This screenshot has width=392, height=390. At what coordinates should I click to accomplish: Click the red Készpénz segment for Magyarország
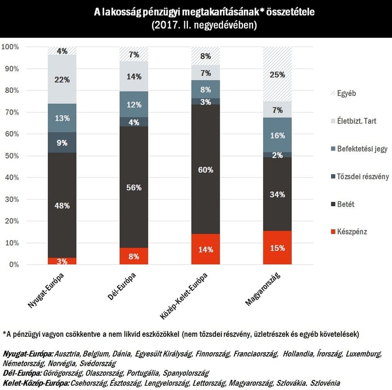pyautogui.click(x=277, y=248)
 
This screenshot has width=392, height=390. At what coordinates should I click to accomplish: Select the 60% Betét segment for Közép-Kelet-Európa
pyautogui.click(x=206, y=169)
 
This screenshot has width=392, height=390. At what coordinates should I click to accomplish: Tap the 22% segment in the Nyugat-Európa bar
pyautogui.click(x=62, y=79)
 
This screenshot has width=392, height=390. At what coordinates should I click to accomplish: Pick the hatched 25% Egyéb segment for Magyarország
pyautogui.click(x=277, y=74)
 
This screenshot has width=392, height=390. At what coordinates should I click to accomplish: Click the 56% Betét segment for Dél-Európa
pyautogui.click(x=134, y=187)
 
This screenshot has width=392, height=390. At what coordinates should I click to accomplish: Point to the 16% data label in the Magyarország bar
pyautogui.click(x=277, y=135)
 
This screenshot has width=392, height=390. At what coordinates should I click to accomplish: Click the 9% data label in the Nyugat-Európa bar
pyautogui.click(x=62, y=143)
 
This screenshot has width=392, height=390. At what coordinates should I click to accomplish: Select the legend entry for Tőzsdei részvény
pyautogui.click(x=360, y=177)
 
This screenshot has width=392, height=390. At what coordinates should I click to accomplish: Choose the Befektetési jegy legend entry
pyautogui.click(x=359, y=149)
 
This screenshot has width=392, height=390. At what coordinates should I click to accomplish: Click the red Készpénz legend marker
pyautogui.click(x=333, y=232)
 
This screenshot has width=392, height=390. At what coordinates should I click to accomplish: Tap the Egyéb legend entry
pyautogui.click(x=343, y=93)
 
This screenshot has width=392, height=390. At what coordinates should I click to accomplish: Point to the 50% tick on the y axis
pyautogui.click(x=12, y=156)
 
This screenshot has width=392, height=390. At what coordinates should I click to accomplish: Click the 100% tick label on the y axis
pyautogui.click(x=10, y=47)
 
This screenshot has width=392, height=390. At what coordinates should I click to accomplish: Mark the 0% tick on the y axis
pyautogui.click(x=14, y=265)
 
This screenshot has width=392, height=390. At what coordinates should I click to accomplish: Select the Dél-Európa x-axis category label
pyautogui.click(x=122, y=286)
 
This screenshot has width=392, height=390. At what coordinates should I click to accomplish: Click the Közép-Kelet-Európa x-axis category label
pyautogui.click(x=184, y=296)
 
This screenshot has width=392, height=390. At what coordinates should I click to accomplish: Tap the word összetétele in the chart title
pyautogui.click(x=290, y=12)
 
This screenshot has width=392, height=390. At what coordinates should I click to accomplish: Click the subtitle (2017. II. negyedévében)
pyautogui.click(x=204, y=25)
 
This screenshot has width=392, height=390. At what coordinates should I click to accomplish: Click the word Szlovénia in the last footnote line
pyautogui.click(x=325, y=383)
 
